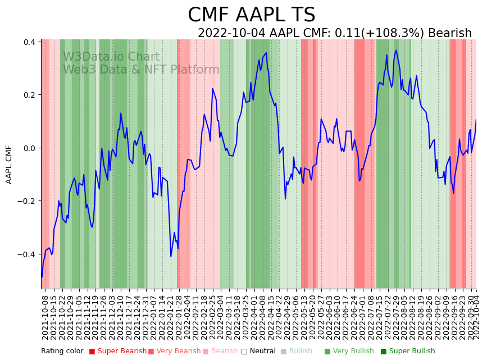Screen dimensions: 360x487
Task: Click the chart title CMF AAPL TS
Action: (x=251, y=15)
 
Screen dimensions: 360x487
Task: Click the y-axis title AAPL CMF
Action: (x=9, y=164)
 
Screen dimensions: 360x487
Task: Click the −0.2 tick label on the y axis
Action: (x=28, y=201)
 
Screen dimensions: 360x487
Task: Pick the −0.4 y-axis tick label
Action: (x=28, y=254)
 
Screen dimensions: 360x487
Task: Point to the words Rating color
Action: (x=62, y=351)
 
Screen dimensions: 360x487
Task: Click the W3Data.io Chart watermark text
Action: (x=111, y=57)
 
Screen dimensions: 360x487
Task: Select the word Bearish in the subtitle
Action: (x=450, y=34)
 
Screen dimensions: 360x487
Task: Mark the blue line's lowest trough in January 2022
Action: (x=171, y=257)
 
